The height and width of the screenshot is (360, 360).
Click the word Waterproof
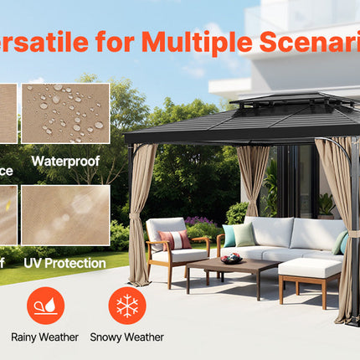[x=66, y=159]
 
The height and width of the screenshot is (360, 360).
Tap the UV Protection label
[x=64, y=263]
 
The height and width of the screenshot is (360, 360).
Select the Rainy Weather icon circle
[x=45, y=306]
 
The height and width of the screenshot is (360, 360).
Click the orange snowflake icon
[x=127, y=306]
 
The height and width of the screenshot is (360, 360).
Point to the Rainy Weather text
[x=45, y=337]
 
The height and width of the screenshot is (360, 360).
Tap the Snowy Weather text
[x=127, y=337]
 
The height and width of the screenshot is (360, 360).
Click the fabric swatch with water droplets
[x=65, y=113]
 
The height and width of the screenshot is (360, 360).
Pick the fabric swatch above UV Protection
[x=65, y=215]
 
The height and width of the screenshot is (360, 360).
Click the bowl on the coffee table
[x=231, y=258]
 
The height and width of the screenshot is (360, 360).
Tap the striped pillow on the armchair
[x=172, y=239]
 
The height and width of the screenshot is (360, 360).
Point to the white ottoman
[x=310, y=270]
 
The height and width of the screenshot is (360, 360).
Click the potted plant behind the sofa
[x=325, y=204]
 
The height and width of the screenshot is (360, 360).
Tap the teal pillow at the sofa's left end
[x=229, y=235]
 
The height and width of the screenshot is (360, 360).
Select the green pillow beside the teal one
[x=244, y=234]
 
